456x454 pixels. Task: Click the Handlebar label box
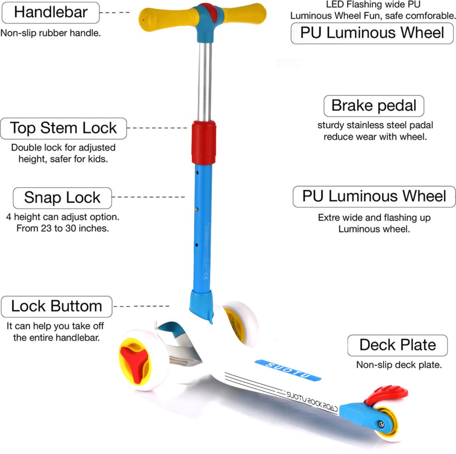(51, 13)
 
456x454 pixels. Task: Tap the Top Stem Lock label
(63, 128)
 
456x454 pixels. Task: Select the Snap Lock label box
(62, 198)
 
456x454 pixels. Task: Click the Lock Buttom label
(57, 306)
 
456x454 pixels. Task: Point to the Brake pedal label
(374, 106)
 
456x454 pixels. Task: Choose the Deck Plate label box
(397, 345)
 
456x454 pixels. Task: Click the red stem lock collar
(204, 142)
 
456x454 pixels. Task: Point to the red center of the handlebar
(207, 13)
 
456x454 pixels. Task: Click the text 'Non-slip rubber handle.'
(51, 33)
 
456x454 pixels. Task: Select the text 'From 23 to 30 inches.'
(63, 229)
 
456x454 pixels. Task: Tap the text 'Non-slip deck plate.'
(399, 365)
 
